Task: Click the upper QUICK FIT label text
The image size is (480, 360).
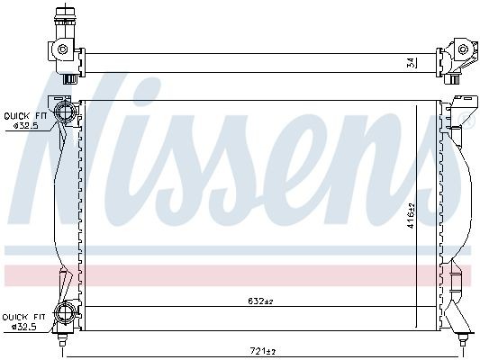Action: tap(24, 115)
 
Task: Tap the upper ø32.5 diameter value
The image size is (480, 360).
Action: tap(24, 126)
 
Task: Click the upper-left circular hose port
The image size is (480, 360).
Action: tap(64, 112)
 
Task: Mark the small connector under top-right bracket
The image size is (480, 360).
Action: tap(456, 78)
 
